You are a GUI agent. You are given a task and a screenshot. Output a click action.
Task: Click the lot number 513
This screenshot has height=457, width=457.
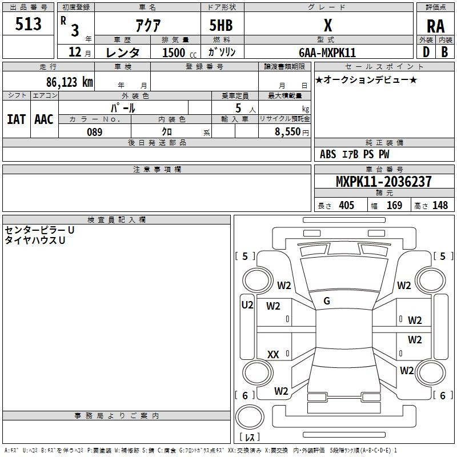(x=28, y=23)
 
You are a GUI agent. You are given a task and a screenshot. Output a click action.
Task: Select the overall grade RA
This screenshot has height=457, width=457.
(x=435, y=26)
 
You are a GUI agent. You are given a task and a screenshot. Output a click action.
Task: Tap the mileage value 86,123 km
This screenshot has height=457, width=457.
(x=69, y=82)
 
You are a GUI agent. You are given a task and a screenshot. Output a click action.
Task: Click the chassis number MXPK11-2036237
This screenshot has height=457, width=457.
(x=383, y=181)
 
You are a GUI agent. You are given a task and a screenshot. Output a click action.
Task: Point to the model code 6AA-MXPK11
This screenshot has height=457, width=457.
(x=327, y=53)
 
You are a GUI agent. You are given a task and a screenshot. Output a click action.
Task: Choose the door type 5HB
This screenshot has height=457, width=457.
(x=221, y=25)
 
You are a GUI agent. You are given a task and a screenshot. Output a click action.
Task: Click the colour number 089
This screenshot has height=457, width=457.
(x=95, y=132)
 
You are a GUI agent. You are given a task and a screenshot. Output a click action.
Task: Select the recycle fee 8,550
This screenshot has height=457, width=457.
(x=287, y=132)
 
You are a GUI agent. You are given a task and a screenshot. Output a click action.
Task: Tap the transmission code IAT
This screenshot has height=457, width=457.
(x=16, y=119)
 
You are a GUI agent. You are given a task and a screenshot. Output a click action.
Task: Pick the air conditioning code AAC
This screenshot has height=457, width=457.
(x=44, y=119)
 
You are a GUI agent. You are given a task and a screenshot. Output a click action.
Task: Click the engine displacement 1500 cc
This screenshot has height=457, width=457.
(x=179, y=53)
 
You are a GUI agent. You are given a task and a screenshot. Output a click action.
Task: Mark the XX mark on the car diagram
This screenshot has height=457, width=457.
(x=273, y=354)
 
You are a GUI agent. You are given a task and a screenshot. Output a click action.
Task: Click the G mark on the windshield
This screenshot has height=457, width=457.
(x=327, y=301)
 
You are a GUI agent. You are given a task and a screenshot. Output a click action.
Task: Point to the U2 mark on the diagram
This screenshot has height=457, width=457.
(x=247, y=305)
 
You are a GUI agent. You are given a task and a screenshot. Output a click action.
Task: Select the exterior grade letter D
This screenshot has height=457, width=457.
(x=426, y=52)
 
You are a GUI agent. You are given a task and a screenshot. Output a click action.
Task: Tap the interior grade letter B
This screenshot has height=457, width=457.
(x=444, y=52)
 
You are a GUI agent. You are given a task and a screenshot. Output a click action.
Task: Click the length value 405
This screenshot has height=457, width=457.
(x=347, y=205)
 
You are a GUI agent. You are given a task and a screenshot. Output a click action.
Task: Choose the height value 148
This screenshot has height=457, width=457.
(x=440, y=205)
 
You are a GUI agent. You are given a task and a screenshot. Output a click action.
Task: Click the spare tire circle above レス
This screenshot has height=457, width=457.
(x=250, y=416)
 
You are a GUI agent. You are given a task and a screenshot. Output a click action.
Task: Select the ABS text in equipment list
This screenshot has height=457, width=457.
(x=328, y=154)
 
